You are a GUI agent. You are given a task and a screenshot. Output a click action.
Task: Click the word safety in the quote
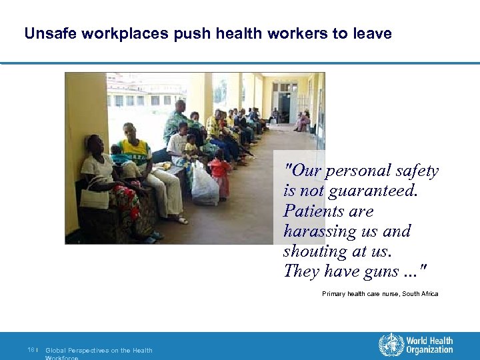[x=416, y=171]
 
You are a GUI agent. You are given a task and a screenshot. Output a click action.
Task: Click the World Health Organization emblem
[x=391, y=345]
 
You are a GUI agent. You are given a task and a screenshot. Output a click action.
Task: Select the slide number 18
[x=31, y=350]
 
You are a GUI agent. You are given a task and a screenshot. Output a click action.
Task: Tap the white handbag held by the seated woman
[x=95, y=197]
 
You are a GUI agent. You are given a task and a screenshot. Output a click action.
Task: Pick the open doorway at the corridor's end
[x=285, y=107]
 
